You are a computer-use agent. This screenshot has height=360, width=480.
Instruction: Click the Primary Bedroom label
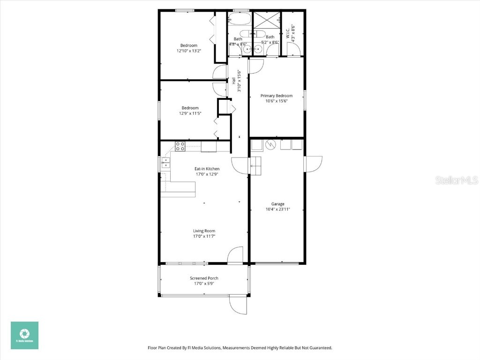tap(277, 96)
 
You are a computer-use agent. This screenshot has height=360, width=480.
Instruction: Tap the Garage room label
tap(277, 204)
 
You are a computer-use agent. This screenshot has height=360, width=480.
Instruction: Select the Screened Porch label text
tap(204, 278)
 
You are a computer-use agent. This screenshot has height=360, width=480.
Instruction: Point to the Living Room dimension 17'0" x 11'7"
tap(204, 236)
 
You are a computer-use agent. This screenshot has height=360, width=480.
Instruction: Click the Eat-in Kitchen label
tap(207, 169)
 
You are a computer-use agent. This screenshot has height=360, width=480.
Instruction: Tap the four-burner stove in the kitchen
tap(180, 146)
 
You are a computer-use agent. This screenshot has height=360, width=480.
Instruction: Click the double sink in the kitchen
tap(165, 163)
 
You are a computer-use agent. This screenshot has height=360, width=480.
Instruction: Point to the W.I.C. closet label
tap(287, 34)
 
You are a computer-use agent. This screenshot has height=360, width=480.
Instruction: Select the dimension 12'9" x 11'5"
tap(190, 113)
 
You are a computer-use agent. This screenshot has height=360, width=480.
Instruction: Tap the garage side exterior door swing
tap(313, 164)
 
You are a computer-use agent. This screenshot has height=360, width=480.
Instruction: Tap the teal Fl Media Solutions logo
tap(25, 335)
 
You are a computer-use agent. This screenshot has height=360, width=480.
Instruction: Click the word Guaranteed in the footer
tap(319, 348)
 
